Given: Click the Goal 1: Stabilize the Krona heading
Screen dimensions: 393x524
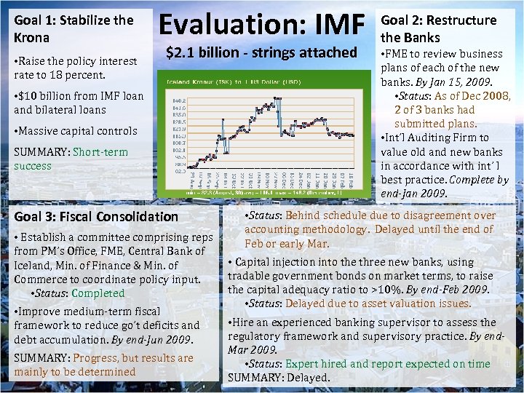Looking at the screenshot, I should pos(74,28).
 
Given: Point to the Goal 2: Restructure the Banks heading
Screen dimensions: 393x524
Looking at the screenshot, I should pos(438,28).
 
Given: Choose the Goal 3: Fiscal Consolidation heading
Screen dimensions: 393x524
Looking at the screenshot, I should pos(95,216).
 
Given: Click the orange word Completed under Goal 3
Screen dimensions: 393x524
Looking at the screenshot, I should pos(98,293).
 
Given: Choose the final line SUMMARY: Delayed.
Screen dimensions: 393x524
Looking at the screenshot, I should pos(279,377).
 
